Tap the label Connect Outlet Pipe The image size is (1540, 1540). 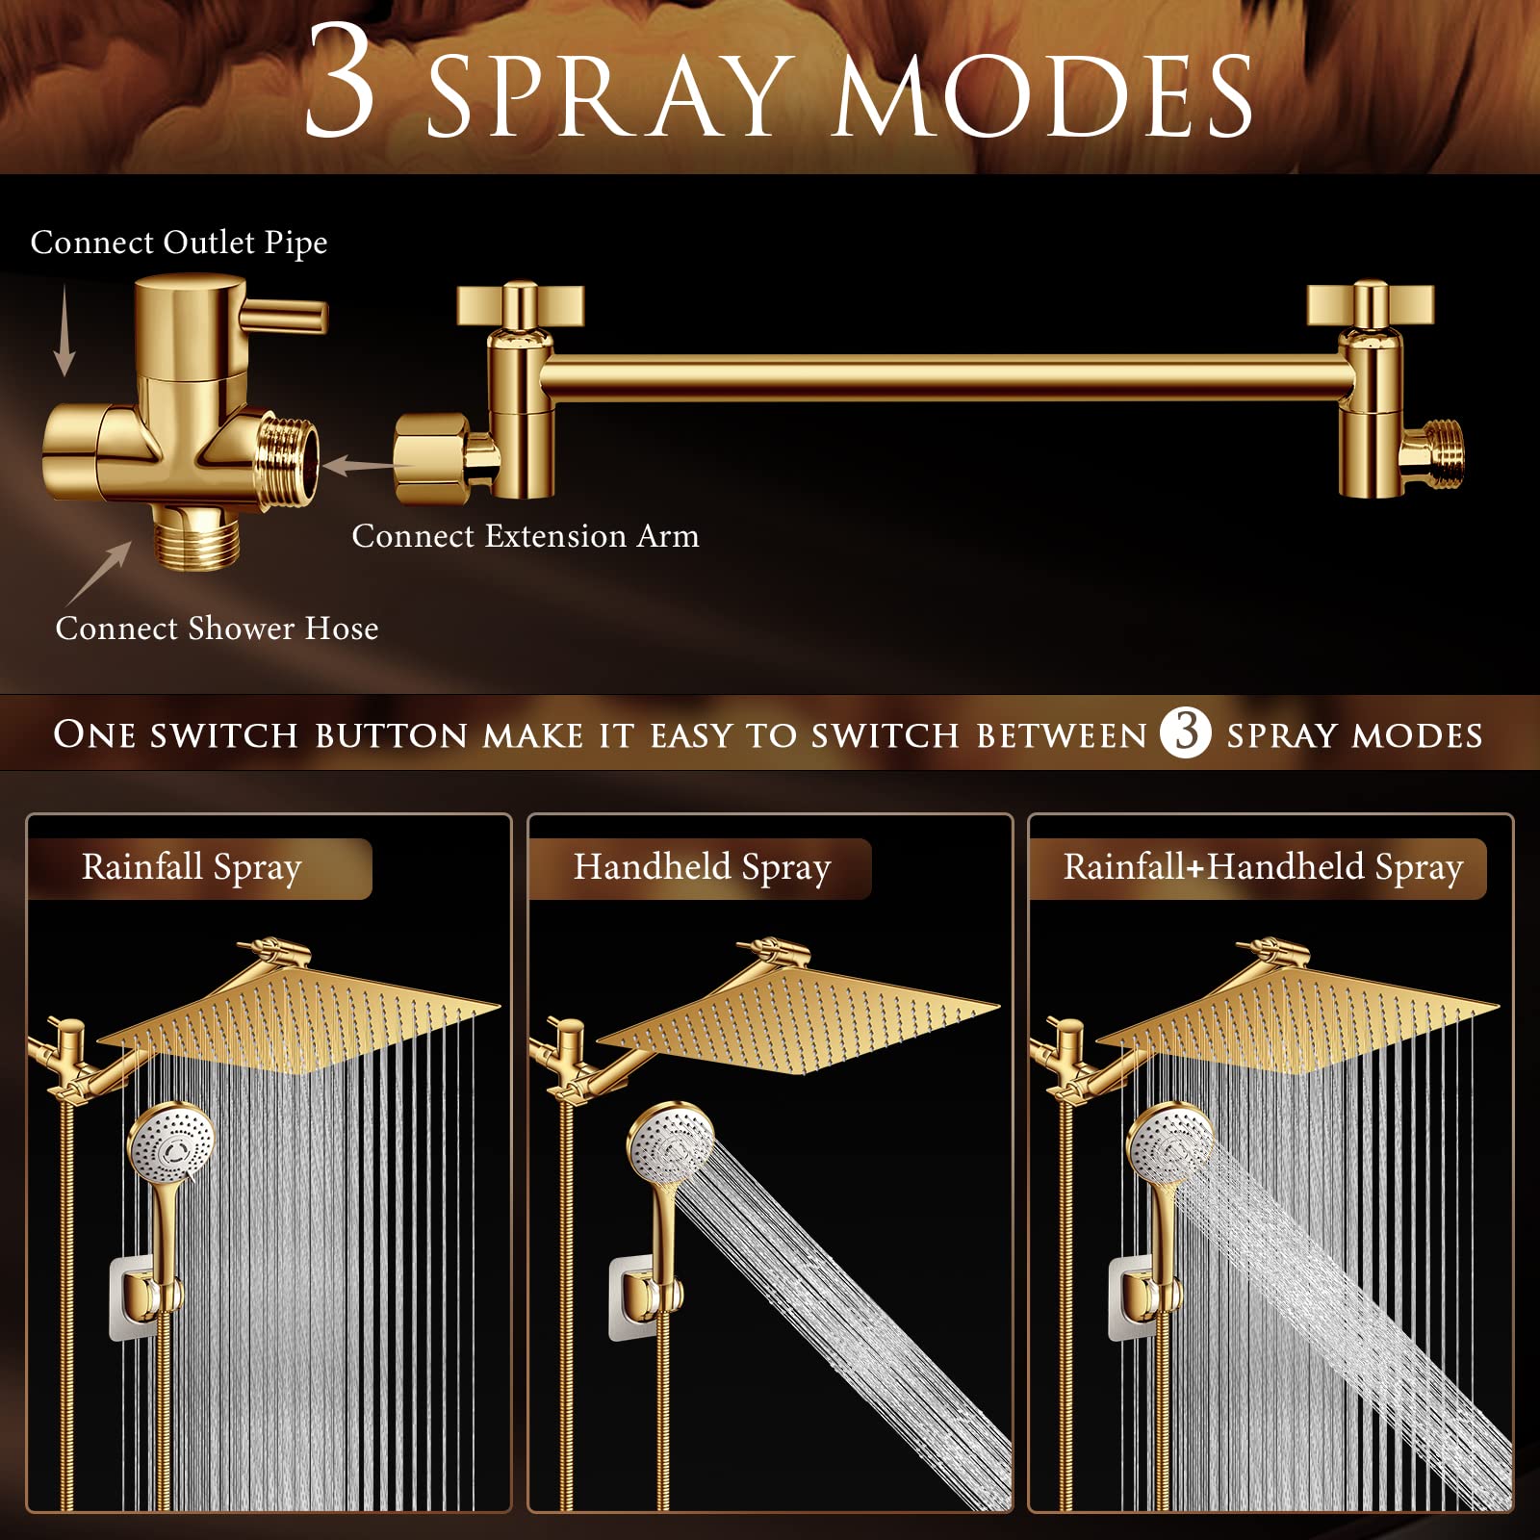tap(179, 243)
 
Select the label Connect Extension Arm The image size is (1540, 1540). tap(525, 536)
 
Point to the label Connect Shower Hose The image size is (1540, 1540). tap(217, 629)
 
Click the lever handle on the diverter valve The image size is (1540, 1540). tap(285, 315)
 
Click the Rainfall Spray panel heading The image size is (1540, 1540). tap(192, 867)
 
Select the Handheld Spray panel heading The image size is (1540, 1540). tap(702, 867)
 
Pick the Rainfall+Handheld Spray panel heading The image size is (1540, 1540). tap(1262, 867)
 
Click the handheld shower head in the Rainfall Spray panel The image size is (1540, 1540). tap(171, 1145)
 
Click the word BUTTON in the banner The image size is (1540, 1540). tap(391, 735)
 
